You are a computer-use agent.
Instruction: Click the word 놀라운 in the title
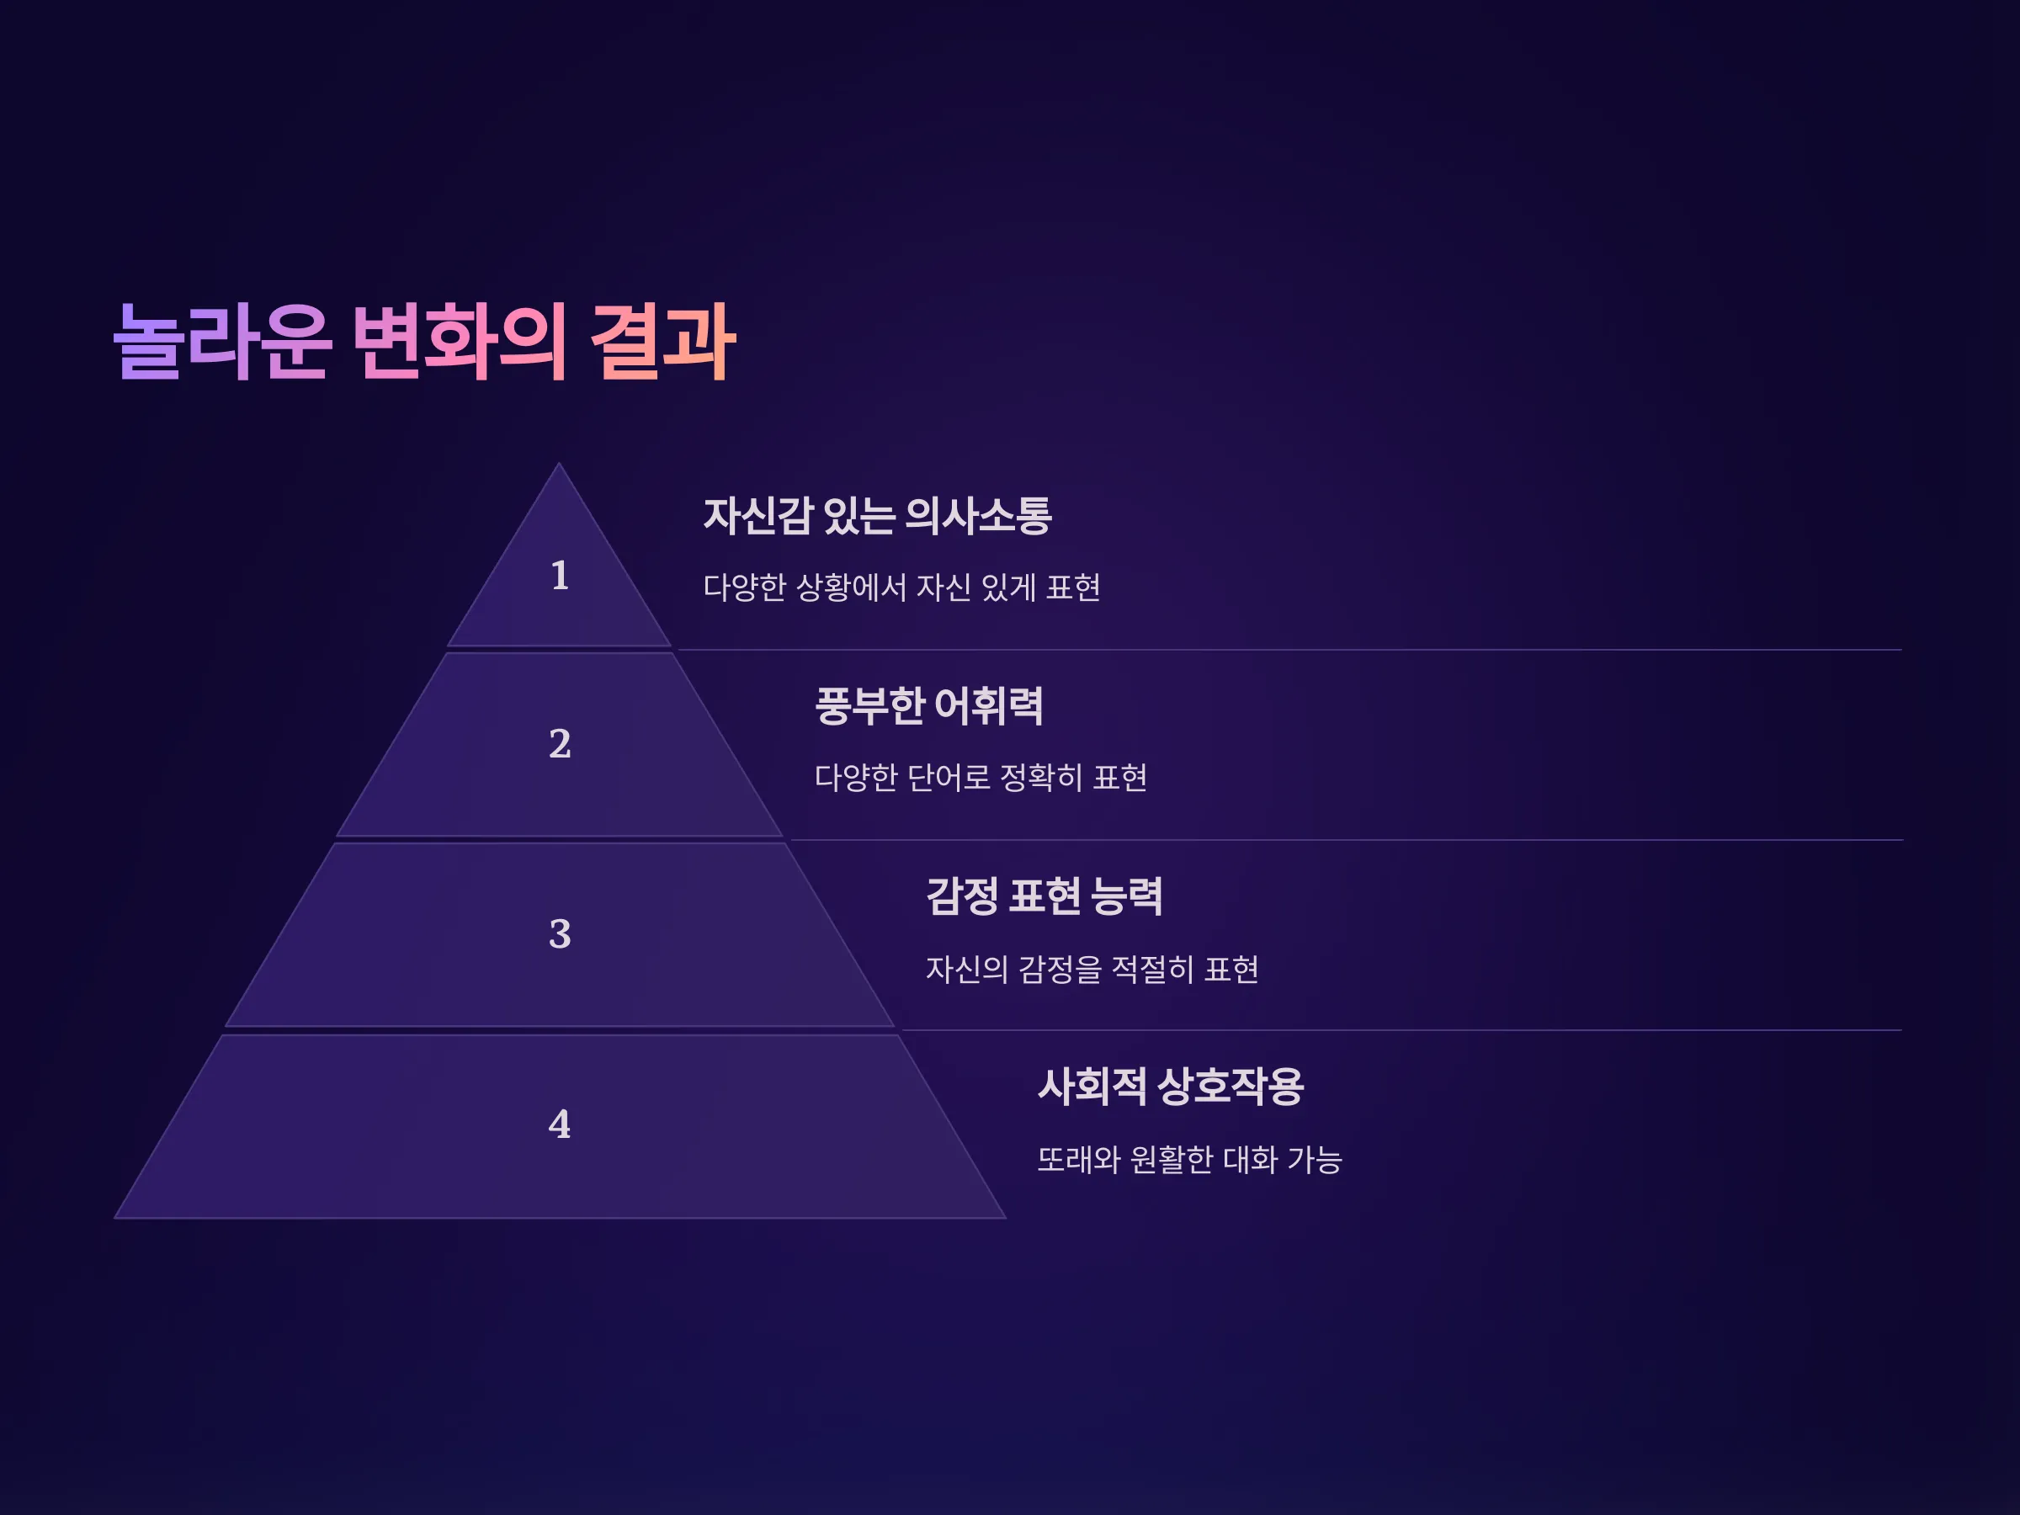(x=221, y=342)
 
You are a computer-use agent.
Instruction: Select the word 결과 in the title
(x=663, y=342)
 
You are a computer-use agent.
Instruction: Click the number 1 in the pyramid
(x=560, y=576)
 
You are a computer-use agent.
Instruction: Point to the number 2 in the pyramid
(x=560, y=743)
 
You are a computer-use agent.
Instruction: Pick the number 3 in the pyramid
(x=560, y=933)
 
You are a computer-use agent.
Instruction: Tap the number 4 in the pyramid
(x=560, y=1124)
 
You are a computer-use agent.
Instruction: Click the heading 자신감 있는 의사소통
(x=878, y=516)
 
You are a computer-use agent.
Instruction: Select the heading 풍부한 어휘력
(x=928, y=706)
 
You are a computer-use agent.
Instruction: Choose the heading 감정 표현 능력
(x=1045, y=896)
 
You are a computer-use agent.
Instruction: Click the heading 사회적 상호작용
(x=1171, y=1087)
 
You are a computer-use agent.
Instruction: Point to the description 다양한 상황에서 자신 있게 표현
(x=901, y=587)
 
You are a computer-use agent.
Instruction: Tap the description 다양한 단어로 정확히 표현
(x=981, y=777)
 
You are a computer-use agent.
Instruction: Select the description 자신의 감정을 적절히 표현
(x=1092, y=969)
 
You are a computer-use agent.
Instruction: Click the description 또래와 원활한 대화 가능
(x=1190, y=1160)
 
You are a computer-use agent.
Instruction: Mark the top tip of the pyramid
(x=559, y=464)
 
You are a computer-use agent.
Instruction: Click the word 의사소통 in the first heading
(x=978, y=516)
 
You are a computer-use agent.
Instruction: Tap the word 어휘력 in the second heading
(x=989, y=706)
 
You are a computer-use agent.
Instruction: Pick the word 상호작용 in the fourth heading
(x=1230, y=1087)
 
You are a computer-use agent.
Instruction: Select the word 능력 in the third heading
(x=1127, y=896)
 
